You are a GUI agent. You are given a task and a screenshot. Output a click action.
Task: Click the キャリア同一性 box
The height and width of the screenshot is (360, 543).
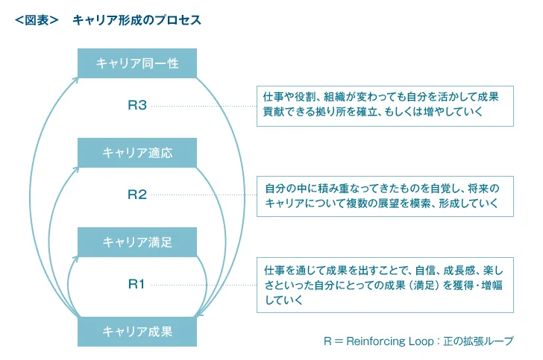point(137,63)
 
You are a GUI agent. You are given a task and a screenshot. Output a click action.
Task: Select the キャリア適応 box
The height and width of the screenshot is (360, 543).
point(137,153)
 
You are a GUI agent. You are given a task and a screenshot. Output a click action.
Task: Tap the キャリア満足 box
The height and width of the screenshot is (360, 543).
point(137,242)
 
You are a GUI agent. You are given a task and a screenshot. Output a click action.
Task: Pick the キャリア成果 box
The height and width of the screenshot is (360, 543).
point(137,332)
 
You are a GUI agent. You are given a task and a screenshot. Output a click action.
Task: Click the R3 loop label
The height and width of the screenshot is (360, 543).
point(137,106)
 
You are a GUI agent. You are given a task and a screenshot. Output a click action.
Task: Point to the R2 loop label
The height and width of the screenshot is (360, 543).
point(137,195)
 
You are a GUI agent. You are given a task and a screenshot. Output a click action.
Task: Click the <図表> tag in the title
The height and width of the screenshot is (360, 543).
point(37,20)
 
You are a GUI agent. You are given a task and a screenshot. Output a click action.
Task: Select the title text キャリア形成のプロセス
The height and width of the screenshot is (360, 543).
point(136,20)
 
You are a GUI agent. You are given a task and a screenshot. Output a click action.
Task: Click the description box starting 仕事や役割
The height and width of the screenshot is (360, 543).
point(384,105)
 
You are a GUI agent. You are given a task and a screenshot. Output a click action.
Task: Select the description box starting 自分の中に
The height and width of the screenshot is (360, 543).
point(384,195)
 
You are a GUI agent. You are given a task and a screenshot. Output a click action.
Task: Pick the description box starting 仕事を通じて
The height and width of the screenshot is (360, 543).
point(384,284)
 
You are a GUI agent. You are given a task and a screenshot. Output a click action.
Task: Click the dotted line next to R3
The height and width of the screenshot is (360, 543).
point(201,106)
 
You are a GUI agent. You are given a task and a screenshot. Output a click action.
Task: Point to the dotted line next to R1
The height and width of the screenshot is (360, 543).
point(201,284)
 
